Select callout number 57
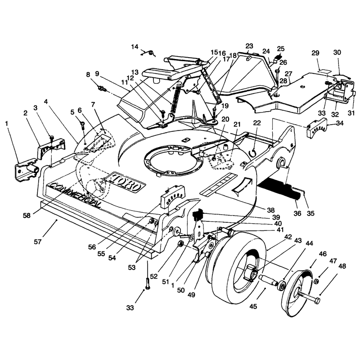(38, 242)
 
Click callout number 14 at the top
(135, 47)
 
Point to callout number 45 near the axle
(253, 306)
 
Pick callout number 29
(315, 53)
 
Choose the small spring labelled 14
(149, 53)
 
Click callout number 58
(27, 216)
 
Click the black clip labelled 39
(198, 215)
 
